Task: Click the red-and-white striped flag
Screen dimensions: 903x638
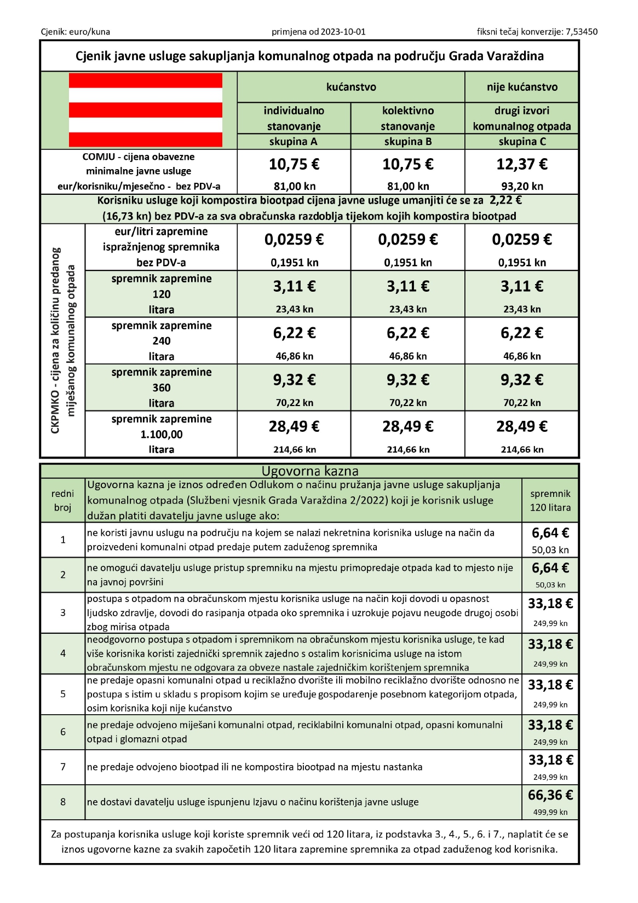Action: click(145, 110)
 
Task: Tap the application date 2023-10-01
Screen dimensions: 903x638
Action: click(337, 32)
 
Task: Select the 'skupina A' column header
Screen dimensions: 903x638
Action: click(294, 142)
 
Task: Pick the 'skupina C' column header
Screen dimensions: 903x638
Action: click(522, 142)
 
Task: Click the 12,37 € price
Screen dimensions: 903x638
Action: click(522, 164)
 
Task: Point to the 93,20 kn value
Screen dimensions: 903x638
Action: click(522, 186)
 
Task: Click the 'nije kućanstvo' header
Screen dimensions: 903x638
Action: click(522, 87)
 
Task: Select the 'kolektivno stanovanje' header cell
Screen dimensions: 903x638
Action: click(407, 118)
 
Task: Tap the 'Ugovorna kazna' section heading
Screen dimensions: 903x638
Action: click(310, 471)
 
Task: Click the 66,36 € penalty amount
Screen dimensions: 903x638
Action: click(550, 795)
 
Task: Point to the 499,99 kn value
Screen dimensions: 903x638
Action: click(550, 812)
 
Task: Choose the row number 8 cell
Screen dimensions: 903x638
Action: click(63, 802)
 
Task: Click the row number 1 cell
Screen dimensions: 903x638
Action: click(63, 540)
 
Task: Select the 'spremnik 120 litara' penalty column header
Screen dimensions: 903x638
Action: click(550, 500)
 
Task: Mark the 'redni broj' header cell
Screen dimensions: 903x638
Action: click(63, 500)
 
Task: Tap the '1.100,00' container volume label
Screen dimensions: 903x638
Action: click(162, 435)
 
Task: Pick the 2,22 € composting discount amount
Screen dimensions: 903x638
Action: click(507, 200)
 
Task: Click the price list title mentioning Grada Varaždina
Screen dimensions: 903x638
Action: click(309, 56)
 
